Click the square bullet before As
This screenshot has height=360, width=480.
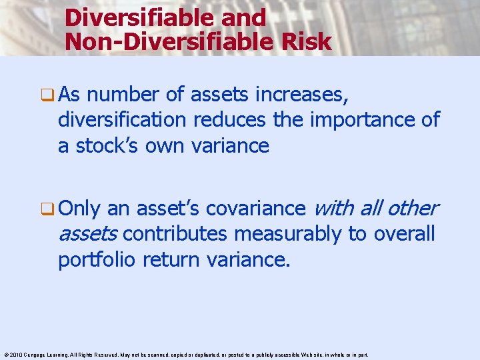click(49, 95)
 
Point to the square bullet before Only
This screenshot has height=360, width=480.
click(49, 209)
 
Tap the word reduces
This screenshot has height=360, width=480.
click(223, 120)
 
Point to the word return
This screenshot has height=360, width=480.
click(177, 259)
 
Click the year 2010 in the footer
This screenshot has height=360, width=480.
click(15, 355)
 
